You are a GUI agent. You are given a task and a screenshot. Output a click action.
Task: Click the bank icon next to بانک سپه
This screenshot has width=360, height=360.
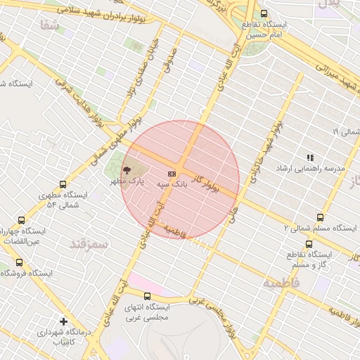(x=171, y=172)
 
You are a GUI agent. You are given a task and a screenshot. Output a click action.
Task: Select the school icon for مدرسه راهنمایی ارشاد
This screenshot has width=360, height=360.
(x=309, y=157)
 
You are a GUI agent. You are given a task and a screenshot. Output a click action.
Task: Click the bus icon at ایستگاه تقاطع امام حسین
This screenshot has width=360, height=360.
(x=264, y=13)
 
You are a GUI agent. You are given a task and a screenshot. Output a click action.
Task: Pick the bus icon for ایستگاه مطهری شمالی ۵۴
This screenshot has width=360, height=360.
(x=63, y=184)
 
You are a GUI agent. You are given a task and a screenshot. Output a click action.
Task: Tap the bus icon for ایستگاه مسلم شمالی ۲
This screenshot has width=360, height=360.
(x=321, y=217)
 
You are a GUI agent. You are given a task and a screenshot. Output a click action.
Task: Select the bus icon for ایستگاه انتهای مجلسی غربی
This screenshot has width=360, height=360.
(x=147, y=296)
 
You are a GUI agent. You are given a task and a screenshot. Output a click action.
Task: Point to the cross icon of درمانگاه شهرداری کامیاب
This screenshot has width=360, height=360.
(x=64, y=321)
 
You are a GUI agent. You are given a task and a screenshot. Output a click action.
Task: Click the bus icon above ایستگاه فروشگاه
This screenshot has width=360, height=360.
(x=19, y=262)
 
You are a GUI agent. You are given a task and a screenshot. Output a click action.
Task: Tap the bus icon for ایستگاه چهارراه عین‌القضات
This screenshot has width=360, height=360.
(x=20, y=219)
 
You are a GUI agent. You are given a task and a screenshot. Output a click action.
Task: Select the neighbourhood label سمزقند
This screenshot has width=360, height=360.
(x=88, y=244)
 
